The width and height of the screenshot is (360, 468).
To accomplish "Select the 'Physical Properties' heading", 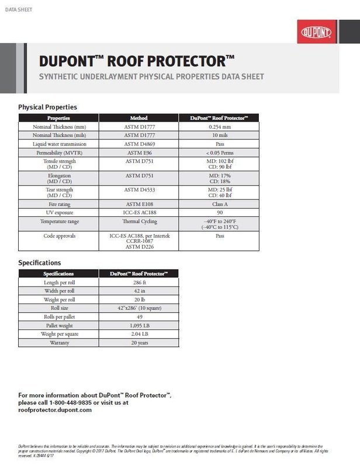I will coord(47,107).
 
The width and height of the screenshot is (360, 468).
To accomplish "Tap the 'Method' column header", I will coord(139,118).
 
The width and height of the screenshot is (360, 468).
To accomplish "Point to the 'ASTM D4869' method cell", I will coord(139,144).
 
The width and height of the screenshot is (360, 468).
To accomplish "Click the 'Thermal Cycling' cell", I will coord(139,222).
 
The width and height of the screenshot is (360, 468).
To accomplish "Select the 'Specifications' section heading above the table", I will coord(40,263).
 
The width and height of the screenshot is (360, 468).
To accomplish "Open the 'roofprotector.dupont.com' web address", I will coord(55,410).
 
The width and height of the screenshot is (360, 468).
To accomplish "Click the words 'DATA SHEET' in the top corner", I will coord(18,9).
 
